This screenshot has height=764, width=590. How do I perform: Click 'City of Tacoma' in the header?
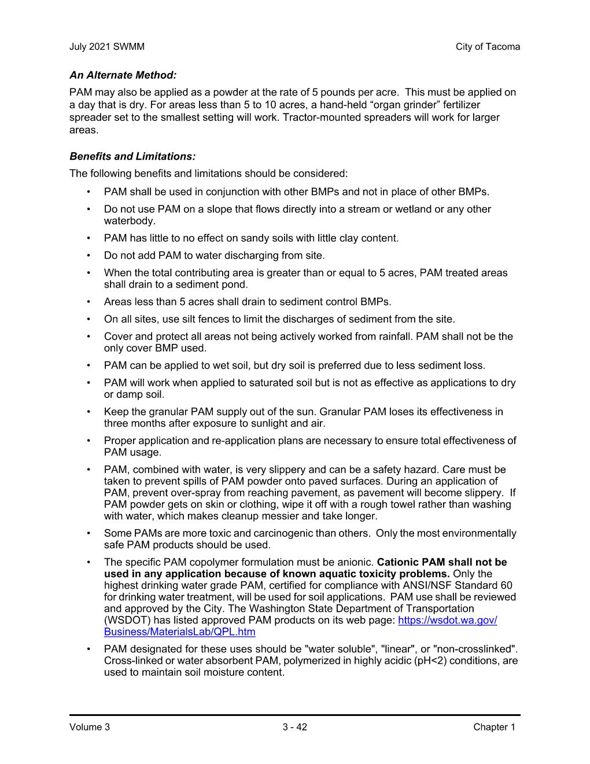point(487,47)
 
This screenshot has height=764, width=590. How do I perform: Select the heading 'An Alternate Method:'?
point(123,75)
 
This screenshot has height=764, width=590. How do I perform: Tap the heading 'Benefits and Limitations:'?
point(132,156)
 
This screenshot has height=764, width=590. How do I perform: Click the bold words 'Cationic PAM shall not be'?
point(441,562)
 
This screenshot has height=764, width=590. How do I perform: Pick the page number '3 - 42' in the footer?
point(292,728)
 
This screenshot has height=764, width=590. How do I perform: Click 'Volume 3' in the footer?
point(89,728)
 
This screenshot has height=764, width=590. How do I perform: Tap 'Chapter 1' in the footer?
point(493,728)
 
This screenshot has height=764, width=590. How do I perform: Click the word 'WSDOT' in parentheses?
point(123,620)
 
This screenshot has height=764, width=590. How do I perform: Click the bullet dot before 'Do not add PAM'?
point(88,255)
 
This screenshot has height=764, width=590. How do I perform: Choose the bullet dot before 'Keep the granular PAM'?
point(88,412)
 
